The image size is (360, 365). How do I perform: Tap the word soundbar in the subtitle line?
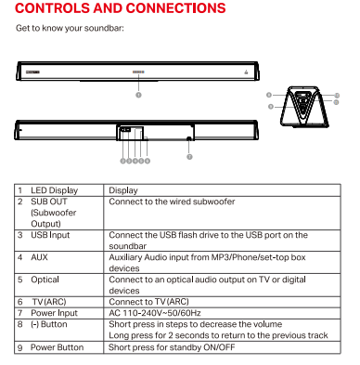(104, 28)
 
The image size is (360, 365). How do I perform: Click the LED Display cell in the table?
(54, 190)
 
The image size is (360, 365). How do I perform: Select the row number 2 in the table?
(20, 202)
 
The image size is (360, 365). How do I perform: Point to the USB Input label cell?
(50, 235)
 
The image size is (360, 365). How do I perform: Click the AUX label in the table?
(39, 257)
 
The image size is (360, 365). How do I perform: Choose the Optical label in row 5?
(45, 280)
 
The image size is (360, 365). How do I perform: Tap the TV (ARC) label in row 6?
(49, 302)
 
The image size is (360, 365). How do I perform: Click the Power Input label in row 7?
(54, 313)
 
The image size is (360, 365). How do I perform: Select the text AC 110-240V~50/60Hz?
(155, 313)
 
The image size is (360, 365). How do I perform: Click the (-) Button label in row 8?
(49, 324)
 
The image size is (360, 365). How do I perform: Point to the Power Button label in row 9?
(57, 347)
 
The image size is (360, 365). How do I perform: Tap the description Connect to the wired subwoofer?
(172, 202)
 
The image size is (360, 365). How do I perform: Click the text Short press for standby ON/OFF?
(172, 347)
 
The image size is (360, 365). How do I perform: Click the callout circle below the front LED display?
(138, 95)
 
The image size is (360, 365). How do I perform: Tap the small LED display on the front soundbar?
(138, 72)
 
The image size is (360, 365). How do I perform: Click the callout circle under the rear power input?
(189, 157)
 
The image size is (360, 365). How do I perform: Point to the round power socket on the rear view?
(189, 139)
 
